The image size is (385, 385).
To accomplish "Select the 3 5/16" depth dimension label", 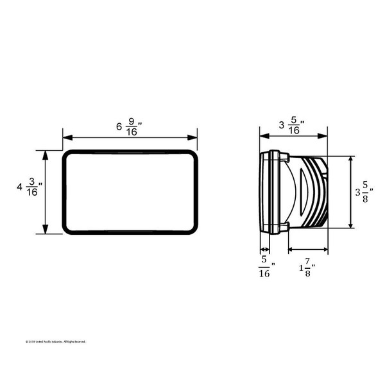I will click(x=291, y=126).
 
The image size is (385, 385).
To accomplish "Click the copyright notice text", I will click(x=55, y=341).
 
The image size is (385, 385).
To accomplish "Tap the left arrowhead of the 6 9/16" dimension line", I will click(x=65, y=137).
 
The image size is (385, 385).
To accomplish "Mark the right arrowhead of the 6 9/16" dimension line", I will click(x=194, y=137).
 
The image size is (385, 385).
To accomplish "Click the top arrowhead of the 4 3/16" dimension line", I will click(x=45, y=154).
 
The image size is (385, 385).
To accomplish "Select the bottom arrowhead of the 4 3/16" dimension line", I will click(x=45, y=231).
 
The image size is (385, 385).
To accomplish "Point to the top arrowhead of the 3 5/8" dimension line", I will click(x=350, y=159).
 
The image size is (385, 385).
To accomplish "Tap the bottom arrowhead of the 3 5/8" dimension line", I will click(x=350, y=225).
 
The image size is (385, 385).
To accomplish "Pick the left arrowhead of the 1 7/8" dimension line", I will click(x=291, y=249).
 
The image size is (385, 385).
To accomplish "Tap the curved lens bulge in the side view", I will click(x=297, y=192).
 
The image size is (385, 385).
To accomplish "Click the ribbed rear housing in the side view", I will click(x=317, y=192).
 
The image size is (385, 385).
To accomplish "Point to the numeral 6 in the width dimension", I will click(x=119, y=126).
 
